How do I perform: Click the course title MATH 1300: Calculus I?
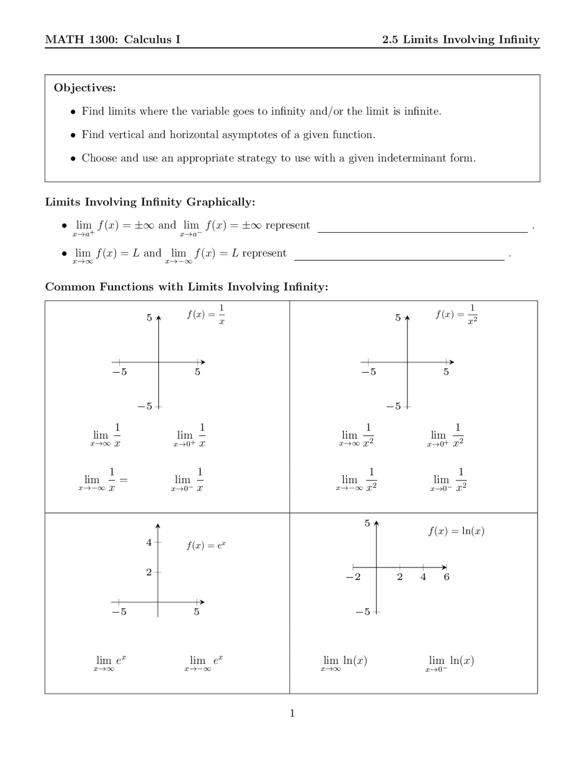(112, 40)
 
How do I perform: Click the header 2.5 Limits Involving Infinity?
(461, 40)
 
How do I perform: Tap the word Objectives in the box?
(85, 88)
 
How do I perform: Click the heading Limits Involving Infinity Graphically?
(150, 202)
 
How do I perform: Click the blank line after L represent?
(399, 256)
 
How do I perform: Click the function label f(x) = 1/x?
(206, 315)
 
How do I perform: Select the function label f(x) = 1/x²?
(456, 315)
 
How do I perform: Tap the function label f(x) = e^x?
(206, 545)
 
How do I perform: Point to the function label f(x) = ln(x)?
(456, 531)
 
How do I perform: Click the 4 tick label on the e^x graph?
(149, 543)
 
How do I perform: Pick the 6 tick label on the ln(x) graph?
(447, 577)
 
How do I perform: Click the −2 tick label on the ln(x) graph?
(353, 577)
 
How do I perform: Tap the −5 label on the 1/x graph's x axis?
(119, 372)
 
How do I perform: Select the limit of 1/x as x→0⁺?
(190, 436)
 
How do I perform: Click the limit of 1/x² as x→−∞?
(356, 480)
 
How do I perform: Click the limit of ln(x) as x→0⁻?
(450, 663)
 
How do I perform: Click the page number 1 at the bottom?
(292, 713)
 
